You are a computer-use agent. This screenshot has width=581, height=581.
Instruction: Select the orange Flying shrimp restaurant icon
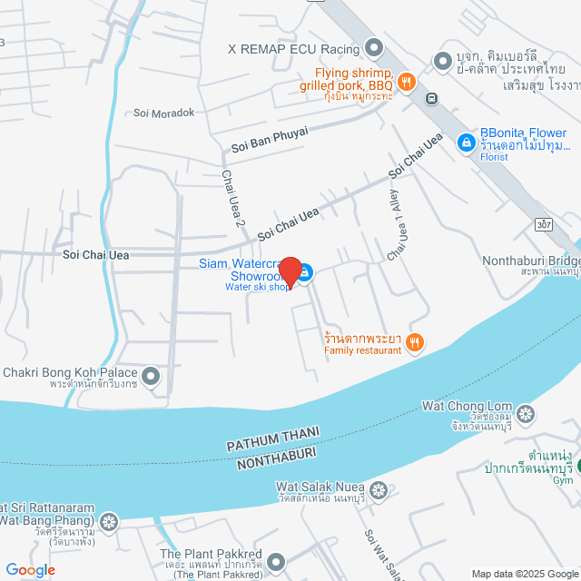pyautogui.click(x=406, y=80)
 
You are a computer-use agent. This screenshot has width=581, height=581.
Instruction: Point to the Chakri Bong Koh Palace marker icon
pyautogui.click(x=151, y=374)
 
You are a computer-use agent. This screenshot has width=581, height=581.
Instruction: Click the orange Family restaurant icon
pyautogui.click(x=415, y=342)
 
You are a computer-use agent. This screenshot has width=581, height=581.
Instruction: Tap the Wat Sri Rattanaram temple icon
pyautogui.click(x=109, y=522)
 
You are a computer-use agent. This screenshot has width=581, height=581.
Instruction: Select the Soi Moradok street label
pyautogui.click(x=163, y=113)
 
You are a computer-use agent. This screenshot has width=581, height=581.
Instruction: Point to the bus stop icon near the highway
pyautogui.click(x=432, y=99)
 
